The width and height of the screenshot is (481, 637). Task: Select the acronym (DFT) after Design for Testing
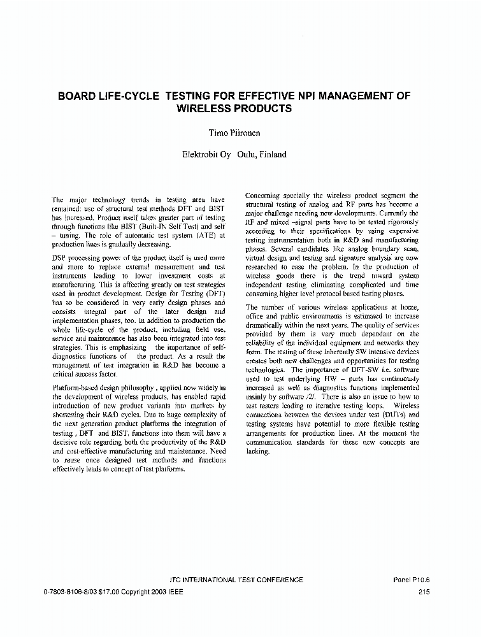click(x=213, y=294)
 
